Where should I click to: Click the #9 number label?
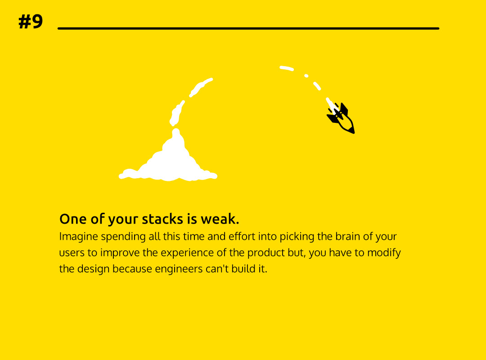(31, 22)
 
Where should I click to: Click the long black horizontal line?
(248, 28)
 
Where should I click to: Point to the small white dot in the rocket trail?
(306, 76)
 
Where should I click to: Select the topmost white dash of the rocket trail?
(286, 68)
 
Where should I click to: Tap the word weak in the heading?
(220, 219)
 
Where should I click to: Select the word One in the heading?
(73, 219)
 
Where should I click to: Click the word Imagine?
(79, 237)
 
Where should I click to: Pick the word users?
(72, 253)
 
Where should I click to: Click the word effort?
(242, 236)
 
